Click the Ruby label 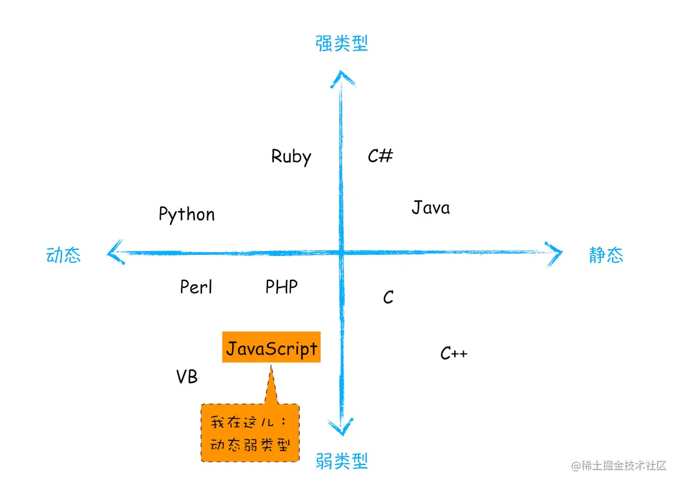291,157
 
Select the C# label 380,156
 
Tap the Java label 431,208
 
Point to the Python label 186,214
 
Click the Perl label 196,287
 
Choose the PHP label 282,287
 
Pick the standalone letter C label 388,297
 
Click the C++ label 454,353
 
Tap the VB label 187,377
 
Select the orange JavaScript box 272,348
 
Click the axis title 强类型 342,43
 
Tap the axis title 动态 63,255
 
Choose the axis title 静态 606,255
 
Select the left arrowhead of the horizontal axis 114,253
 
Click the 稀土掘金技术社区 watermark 619,466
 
